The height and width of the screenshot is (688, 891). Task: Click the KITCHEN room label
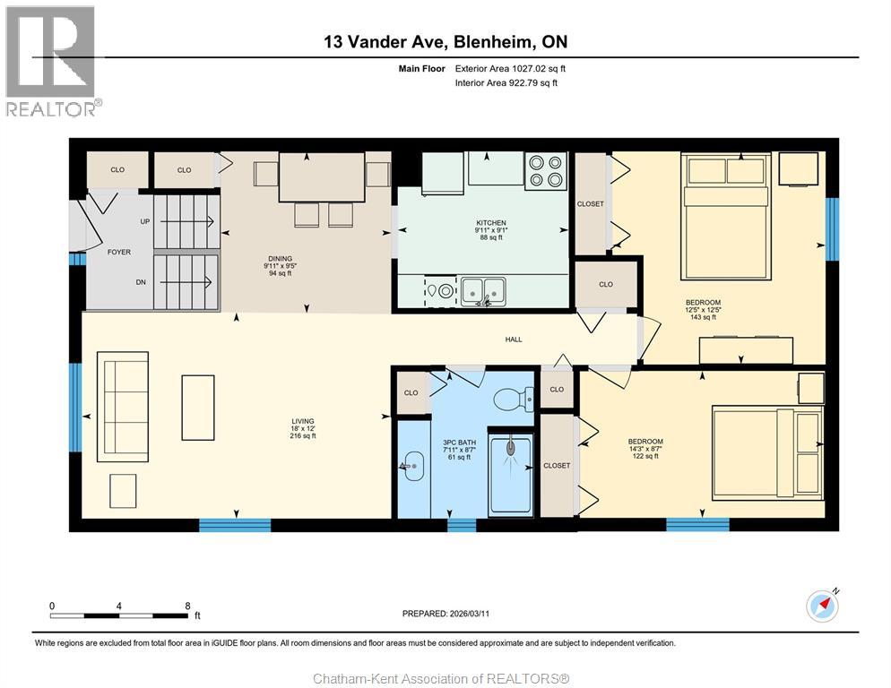coord(490,223)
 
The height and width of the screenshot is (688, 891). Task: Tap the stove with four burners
coord(546,172)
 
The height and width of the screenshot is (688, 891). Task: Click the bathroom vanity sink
coord(412,465)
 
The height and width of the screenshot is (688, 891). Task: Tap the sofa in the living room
coord(123,399)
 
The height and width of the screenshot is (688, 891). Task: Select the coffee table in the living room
coord(198,407)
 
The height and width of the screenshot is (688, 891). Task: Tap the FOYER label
coord(119,252)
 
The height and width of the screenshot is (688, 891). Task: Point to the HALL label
coord(514,340)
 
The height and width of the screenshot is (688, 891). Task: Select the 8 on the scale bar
coord(187,605)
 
